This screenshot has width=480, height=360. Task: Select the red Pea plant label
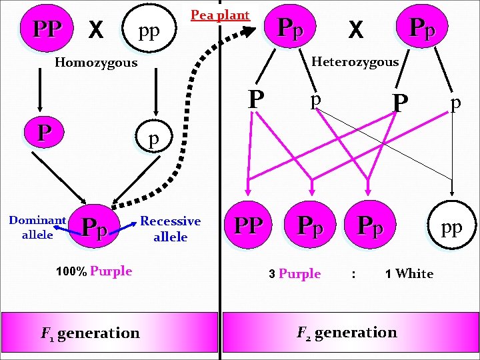click(219, 15)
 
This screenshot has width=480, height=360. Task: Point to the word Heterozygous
click(355, 62)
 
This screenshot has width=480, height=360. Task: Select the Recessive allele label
click(171, 229)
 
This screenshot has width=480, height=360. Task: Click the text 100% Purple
click(94, 271)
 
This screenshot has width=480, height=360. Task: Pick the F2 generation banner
click(347, 333)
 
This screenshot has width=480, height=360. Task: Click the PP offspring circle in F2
click(249, 225)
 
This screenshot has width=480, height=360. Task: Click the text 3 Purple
click(295, 273)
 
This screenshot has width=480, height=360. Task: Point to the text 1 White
click(409, 273)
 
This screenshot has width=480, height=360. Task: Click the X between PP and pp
click(96, 30)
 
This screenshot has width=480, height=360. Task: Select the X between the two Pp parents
click(357, 30)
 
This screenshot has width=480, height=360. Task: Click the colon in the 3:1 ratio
click(353, 273)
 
